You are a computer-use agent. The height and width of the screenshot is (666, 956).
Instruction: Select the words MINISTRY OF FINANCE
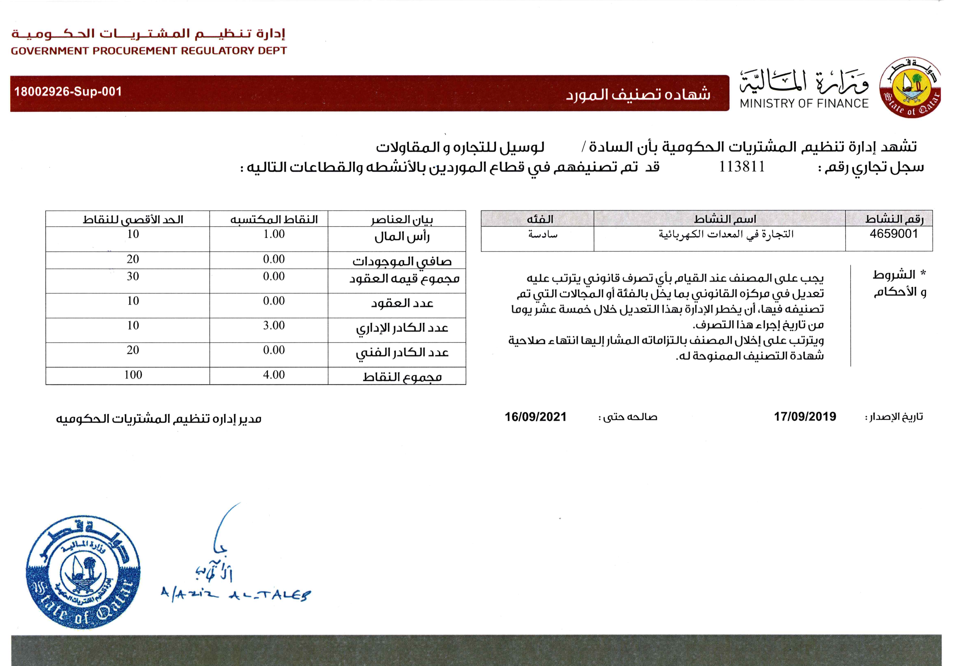(804, 103)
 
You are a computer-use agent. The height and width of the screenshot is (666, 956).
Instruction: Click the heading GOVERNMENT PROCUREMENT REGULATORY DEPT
(149, 51)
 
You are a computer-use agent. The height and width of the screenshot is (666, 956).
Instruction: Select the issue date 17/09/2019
(805, 417)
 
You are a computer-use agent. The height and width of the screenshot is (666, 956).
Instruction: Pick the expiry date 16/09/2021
(535, 417)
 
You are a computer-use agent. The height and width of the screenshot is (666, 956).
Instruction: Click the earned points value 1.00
(274, 234)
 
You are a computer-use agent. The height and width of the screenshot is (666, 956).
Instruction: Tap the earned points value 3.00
(274, 325)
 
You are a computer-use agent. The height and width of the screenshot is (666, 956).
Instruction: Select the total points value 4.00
(274, 375)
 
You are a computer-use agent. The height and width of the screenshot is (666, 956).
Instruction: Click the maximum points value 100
(133, 375)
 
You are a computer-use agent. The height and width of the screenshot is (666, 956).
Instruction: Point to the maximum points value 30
(133, 276)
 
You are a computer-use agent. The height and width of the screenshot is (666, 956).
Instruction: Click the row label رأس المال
(402, 237)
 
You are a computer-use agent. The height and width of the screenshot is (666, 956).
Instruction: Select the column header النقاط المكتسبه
(274, 219)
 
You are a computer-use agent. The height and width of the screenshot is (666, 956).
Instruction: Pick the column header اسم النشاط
(725, 219)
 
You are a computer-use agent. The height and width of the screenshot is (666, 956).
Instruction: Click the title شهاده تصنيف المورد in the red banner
(638, 94)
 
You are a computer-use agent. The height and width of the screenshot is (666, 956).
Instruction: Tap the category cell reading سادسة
(543, 234)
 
